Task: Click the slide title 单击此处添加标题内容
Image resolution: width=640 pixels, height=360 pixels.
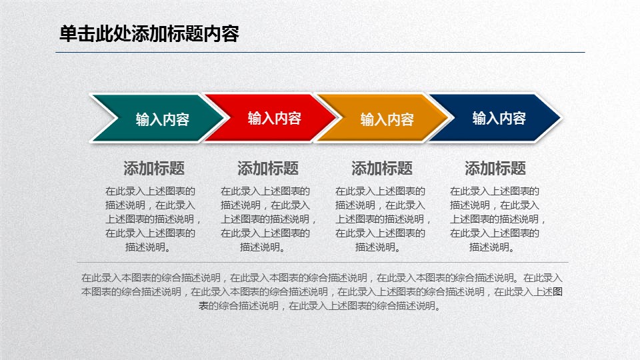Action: [149, 33]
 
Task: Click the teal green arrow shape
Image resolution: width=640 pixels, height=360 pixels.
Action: [163, 118]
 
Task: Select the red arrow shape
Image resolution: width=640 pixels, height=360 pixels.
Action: [274, 117]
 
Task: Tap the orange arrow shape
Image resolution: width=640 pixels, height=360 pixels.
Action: [387, 118]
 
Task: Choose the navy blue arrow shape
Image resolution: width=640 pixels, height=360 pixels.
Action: [499, 117]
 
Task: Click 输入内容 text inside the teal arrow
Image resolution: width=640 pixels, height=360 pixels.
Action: [163, 119]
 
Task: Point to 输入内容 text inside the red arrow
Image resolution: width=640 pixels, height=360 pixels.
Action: [274, 118]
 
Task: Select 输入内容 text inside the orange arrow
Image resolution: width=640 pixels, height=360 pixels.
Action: [387, 119]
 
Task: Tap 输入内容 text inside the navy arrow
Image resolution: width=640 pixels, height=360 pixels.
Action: [499, 118]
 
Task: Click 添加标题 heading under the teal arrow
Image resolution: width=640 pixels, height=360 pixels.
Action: [154, 168]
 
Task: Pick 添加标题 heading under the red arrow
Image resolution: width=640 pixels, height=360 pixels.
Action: [268, 168]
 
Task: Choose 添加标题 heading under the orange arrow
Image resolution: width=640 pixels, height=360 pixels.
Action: [381, 168]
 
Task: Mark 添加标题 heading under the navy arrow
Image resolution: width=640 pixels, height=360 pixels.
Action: [495, 168]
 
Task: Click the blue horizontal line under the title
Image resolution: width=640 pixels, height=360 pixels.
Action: [320, 52]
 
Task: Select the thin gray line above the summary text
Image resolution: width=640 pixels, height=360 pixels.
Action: [323, 262]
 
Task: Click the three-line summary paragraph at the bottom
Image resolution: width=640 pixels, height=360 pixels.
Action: [321, 292]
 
